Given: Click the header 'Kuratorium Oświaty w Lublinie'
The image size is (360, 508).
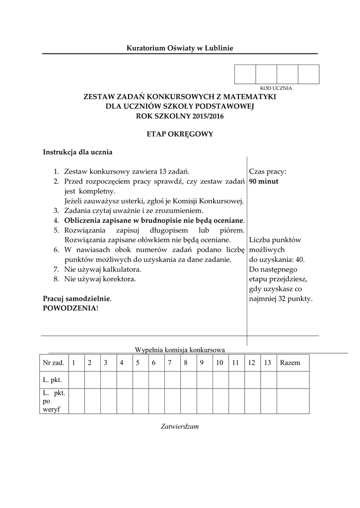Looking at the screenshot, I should click(x=179, y=48).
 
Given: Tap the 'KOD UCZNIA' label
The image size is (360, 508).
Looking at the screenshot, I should click(x=276, y=88).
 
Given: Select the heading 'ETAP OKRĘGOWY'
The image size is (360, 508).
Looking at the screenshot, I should click(x=179, y=134).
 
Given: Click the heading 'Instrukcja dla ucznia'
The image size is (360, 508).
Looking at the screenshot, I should click(x=78, y=152).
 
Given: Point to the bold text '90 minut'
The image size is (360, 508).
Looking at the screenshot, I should click(x=264, y=181).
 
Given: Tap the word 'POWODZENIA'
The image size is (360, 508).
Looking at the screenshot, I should click(x=70, y=308).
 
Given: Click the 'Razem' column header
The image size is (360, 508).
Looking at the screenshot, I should click(x=290, y=363).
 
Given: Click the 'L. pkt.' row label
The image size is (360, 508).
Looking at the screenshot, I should click(x=52, y=380).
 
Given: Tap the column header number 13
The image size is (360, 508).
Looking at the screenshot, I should click(x=267, y=363).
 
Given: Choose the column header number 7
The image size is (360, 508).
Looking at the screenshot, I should click(x=170, y=363).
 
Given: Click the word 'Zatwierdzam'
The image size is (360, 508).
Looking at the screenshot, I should click(x=179, y=426).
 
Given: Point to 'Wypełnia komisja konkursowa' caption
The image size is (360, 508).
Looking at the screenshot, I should click(x=180, y=350).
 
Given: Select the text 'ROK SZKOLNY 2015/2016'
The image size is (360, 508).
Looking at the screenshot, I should click(x=179, y=117).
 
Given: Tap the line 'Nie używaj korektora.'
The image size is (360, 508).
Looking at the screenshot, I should click(x=100, y=279).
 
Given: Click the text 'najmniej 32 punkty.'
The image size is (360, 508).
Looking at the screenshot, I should click(x=281, y=299).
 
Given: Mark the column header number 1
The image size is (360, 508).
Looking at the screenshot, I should click(x=73, y=363).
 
